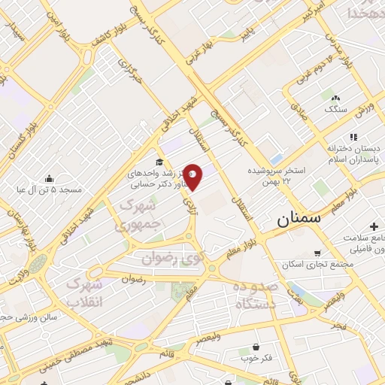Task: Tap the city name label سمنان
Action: coord(299,220)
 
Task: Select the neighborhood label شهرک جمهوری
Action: coord(138,214)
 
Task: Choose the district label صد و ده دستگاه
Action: coord(256,295)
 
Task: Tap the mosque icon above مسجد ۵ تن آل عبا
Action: coord(49,179)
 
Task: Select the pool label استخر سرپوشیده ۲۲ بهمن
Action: coord(280,175)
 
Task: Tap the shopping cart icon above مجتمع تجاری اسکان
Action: coord(317,253)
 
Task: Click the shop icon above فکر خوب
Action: coord(257,347)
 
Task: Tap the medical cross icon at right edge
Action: coord(374,227)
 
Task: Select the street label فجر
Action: coord(338,324)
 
